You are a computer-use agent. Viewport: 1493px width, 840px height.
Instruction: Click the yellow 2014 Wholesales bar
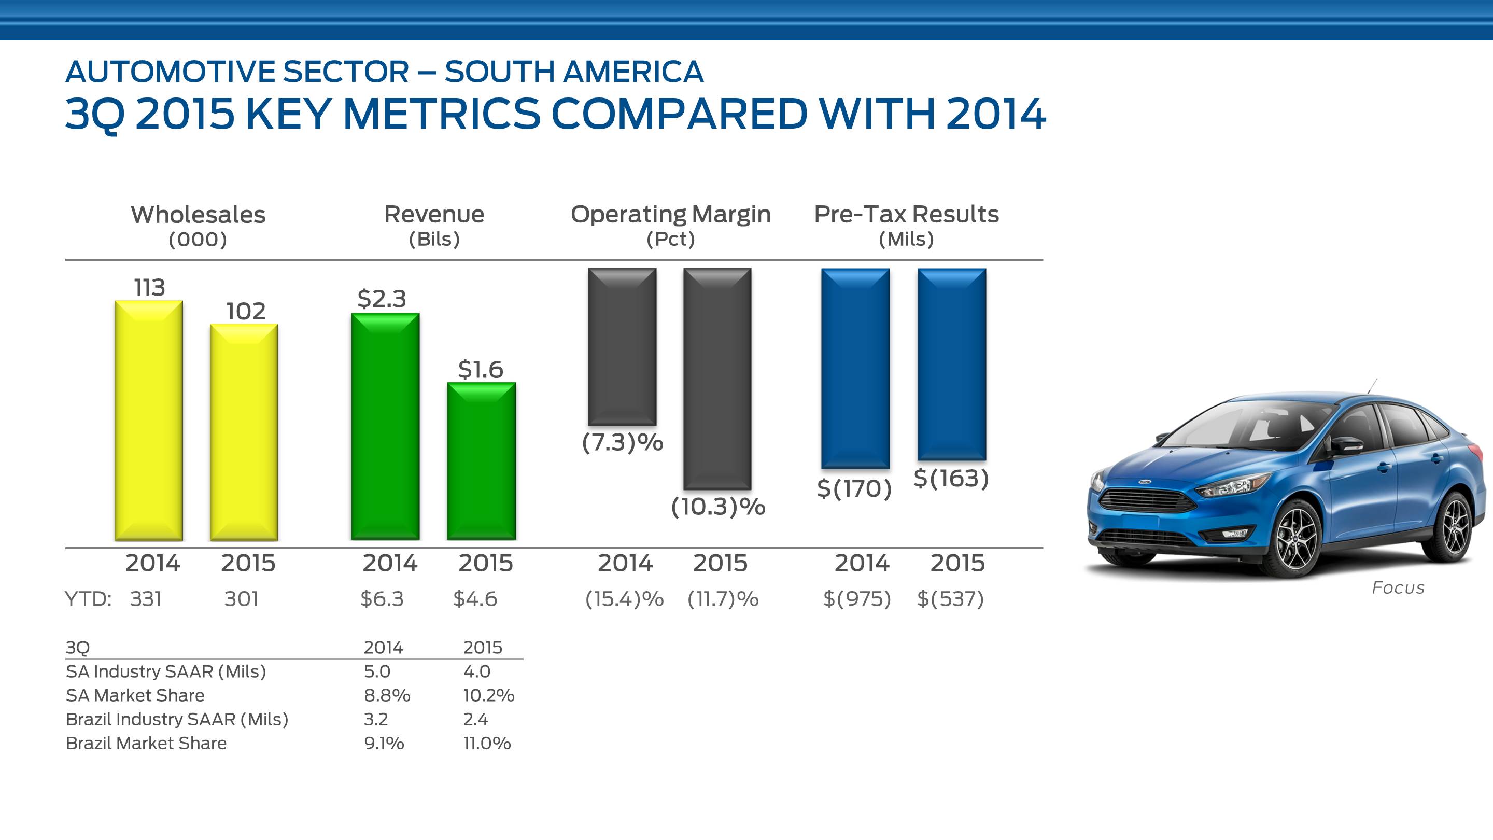pos(149,421)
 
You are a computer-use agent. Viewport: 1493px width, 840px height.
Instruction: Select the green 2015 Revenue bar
pos(481,461)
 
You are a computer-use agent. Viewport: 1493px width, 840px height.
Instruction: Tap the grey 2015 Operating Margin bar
pos(717,378)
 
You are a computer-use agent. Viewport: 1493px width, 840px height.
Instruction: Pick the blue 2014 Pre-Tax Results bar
pos(855,368)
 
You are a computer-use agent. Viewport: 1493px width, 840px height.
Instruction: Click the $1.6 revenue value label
pos(481,369)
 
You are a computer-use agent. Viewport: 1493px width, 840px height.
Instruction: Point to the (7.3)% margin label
pos(623,443)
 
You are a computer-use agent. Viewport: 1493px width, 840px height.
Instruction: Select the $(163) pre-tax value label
pos(951,478)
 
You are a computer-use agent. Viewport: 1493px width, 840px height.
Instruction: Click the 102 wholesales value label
pos(246,311)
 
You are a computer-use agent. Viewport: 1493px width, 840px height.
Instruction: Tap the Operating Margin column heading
pos(671,215)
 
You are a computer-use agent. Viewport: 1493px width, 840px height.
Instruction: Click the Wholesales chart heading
pos(198,215)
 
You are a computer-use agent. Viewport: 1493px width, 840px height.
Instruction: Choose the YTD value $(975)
pos(856,599)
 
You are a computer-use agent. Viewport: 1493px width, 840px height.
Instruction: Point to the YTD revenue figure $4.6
pos(475,599)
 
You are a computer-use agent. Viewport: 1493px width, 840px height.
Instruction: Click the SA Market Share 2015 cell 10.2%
pos(488,695)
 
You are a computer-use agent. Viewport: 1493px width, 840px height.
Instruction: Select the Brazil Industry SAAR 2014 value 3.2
pos(375,719)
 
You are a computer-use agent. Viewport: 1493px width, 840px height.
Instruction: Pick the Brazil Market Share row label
pos(146,743)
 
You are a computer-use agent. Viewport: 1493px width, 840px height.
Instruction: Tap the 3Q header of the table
pos(78,648)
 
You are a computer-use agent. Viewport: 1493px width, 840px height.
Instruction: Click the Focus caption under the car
pos(1398,588)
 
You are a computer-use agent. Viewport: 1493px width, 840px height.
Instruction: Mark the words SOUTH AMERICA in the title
pos(574,72)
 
